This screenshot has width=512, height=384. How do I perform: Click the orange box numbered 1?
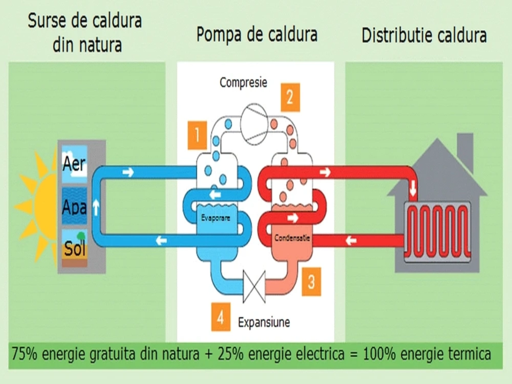coord(197,135)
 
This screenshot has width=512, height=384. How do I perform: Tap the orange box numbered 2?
coord(290,97)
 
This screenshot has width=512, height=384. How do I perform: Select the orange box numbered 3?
coord(311,282)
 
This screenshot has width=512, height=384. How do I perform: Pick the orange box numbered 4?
coord(220,317)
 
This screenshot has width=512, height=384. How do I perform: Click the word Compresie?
coord(243,83)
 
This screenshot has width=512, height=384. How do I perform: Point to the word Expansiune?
coord(264,322)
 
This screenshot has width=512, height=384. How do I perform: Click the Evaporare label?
coord(215,218)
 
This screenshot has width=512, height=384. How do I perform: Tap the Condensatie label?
coord(292,238)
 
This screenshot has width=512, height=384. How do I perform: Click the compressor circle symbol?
coord(254,123)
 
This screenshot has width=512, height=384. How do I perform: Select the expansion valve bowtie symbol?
coord(254,286)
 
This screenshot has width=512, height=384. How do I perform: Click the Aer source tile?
coord(74,164)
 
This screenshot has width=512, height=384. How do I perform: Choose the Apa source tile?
coord(74,206)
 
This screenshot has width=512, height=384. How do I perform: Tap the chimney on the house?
coord(465,150)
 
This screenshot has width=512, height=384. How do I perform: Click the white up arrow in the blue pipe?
coord(96,206)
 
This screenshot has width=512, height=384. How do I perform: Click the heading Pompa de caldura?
coord(257,35)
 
